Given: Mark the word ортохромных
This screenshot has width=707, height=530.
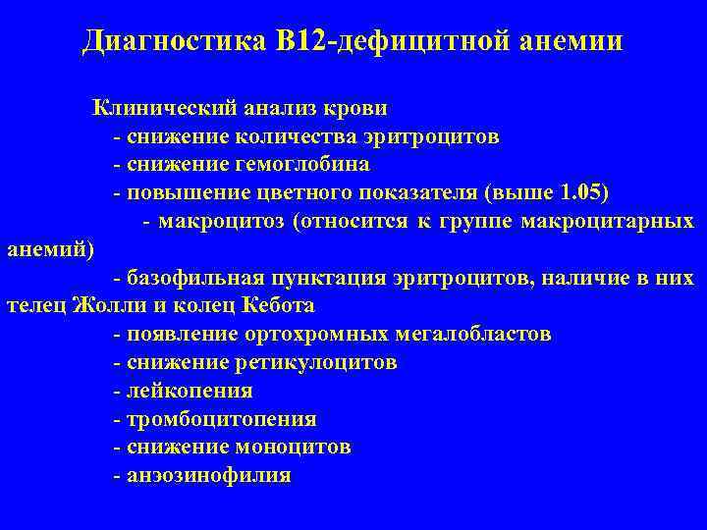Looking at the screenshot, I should click(296, 334).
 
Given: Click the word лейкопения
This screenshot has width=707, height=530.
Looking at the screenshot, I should click(188, 391).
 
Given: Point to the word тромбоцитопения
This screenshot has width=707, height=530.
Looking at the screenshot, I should click(219, 419).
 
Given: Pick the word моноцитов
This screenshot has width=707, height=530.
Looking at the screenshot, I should click(294, 447).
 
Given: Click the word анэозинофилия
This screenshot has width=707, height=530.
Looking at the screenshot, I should click(206, 475).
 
